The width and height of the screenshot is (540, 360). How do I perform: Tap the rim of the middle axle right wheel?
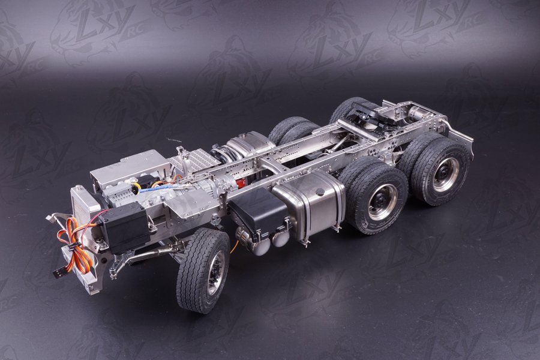tap(382, 203)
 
